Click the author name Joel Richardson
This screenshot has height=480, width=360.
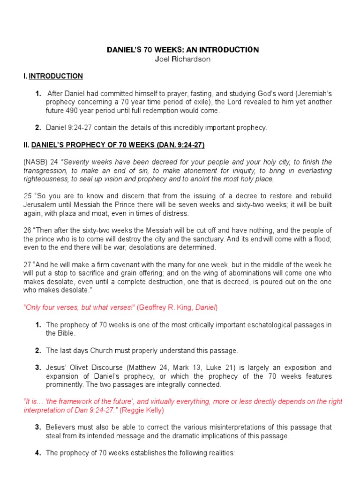pos(180,59)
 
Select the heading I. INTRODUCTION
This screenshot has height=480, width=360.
pos(53,76)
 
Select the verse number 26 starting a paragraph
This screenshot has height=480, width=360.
pos(28,230)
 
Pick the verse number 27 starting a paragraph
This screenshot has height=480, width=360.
pos(28,265)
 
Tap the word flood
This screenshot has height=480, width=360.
pos(321,239)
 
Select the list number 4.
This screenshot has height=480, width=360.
pos(38,453)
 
